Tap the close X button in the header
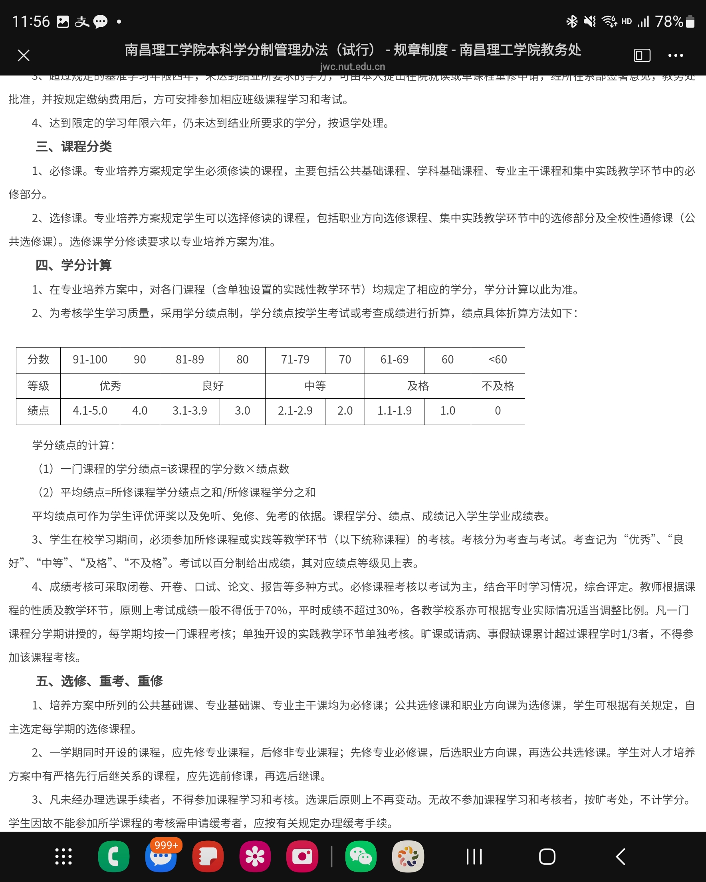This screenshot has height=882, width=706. [x=24, y=55]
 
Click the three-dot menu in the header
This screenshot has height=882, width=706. [x=675, y=55]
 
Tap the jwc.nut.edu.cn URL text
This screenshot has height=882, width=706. [x=353, y=66]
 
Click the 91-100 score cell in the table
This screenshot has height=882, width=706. [x=90, y=360]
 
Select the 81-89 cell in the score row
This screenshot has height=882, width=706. [x=190, y=360]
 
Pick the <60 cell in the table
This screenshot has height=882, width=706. [x=498, y=360]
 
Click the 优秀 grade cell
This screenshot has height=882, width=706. [x=110, y=386]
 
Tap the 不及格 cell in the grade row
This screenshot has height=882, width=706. [x=498, y=386]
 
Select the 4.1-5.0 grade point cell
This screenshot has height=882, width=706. [x=90, y=411]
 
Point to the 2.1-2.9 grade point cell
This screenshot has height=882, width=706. [x=295, y=411]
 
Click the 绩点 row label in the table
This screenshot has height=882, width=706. [x=38, y=411]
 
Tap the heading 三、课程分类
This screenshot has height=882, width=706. [x=73, y=147]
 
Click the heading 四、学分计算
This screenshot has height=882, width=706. [x=73, y=265]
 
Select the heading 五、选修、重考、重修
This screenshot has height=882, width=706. [x=99, y=681]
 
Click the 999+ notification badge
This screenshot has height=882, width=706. [x=166, y=845]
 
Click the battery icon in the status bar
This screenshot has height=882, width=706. [x=690, y=21]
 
